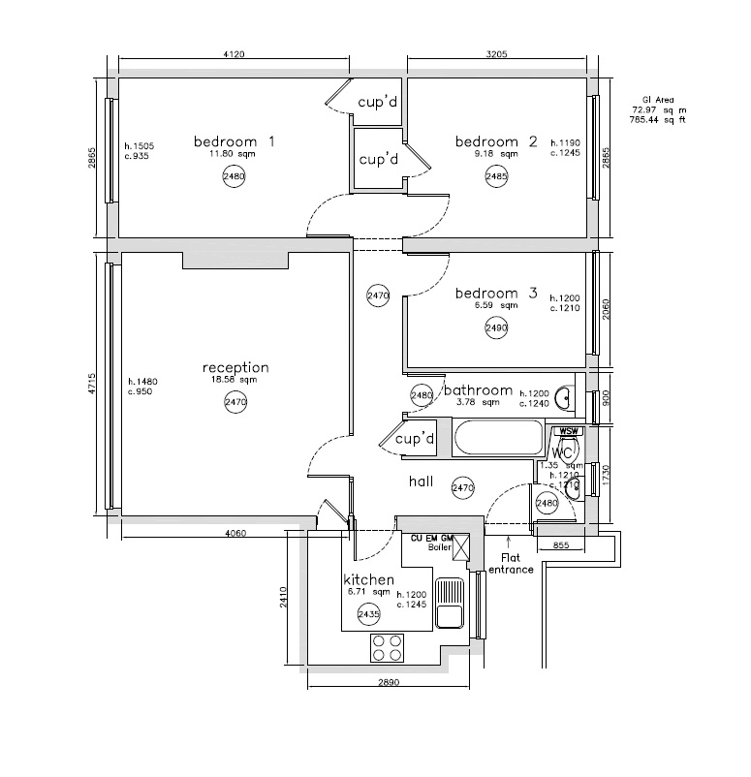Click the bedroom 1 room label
click(235, 140)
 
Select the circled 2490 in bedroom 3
click(496, 328)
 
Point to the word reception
click(235, 368)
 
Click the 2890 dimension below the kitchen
click(389, 683)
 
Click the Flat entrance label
click(511, 564)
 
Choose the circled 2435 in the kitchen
click(369, 614)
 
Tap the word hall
click(421, 482)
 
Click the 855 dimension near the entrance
click(560, 546)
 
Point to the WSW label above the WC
click(567, 432)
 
